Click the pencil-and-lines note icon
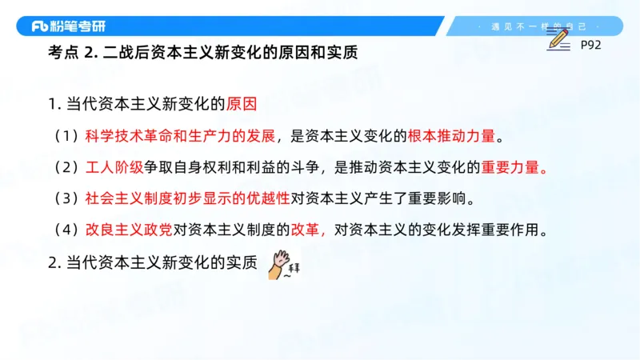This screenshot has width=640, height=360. (561, 40)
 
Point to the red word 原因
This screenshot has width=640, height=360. (242, 105)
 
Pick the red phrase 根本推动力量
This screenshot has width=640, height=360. (452, 136)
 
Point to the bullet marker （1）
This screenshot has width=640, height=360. (67, 136)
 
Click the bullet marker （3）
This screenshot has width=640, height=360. (67, 198)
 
